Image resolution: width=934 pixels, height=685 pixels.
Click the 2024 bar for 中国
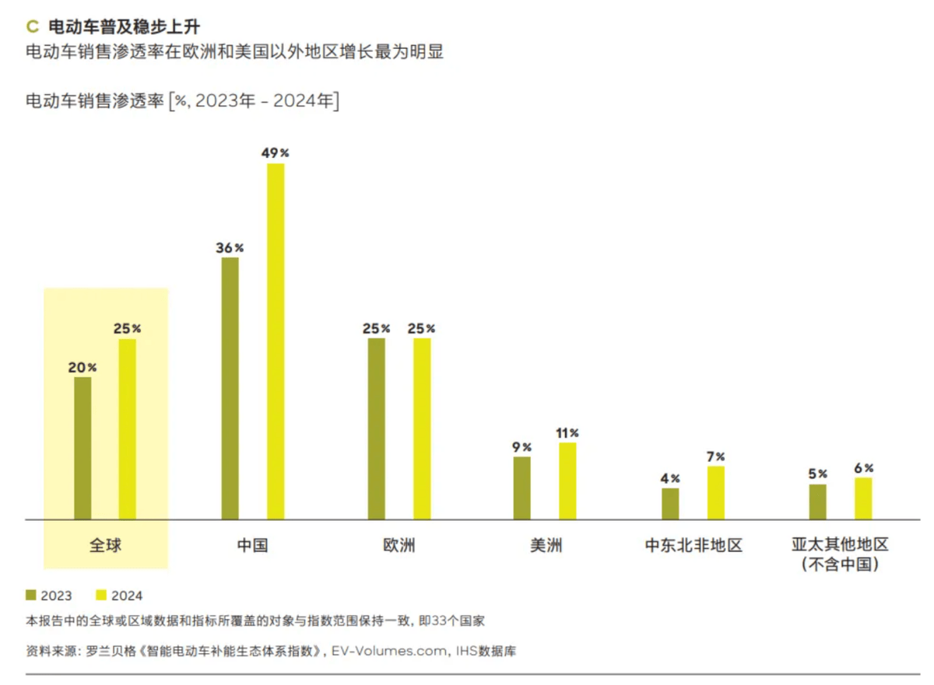276,341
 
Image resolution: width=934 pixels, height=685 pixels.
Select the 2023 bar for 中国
230,388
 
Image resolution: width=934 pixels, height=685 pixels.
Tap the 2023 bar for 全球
83,448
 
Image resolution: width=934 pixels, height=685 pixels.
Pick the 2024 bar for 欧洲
422,428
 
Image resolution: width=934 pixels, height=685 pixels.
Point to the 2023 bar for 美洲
522,488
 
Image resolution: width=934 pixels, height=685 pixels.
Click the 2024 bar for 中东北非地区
715,492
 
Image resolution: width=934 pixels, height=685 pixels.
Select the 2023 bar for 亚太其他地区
817,502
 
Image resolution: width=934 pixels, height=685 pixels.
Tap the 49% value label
275,153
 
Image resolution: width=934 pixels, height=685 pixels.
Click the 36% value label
230,248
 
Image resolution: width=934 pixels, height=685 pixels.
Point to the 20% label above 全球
83,368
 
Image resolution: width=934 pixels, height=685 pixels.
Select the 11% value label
568,432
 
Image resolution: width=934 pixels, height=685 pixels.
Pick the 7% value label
715,456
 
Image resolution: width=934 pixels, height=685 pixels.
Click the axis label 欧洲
399,545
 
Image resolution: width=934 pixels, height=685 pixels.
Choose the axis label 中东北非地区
693,545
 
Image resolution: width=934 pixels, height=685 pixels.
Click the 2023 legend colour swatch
31,595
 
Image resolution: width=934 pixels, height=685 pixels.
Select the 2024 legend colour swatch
101,595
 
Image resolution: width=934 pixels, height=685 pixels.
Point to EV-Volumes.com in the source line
389,651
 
